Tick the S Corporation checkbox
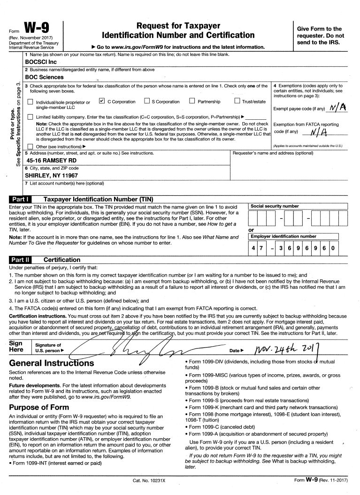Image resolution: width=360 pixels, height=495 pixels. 146,101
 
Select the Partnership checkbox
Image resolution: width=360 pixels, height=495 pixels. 192,101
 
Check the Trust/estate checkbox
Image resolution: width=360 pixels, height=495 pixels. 237,101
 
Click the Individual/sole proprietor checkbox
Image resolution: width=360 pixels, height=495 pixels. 31,102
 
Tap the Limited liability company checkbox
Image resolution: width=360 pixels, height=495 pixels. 31,116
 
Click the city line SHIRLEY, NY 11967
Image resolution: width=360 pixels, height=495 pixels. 52,175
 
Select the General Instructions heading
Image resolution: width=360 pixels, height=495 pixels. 52,363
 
